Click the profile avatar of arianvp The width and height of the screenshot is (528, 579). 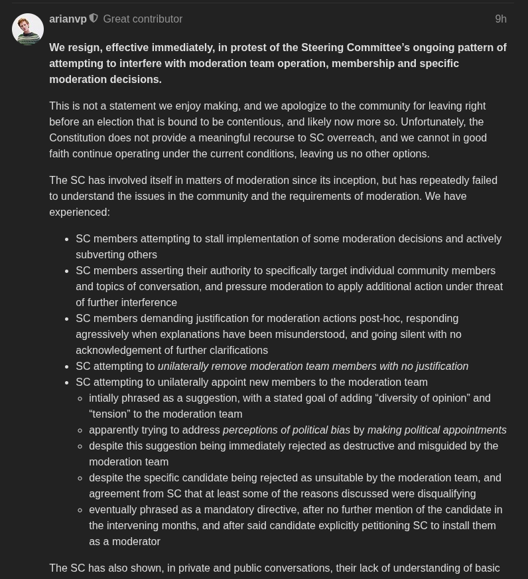[28, 29]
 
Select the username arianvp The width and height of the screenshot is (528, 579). [68, 19]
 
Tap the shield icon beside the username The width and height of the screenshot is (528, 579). [94, 19]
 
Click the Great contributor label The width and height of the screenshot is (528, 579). [143, 19]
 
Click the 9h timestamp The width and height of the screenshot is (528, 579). [501, 19]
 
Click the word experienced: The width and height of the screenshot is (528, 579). [80, 212]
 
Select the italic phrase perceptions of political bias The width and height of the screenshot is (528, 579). [287, 430]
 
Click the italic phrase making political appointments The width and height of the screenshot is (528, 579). [436, 430]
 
